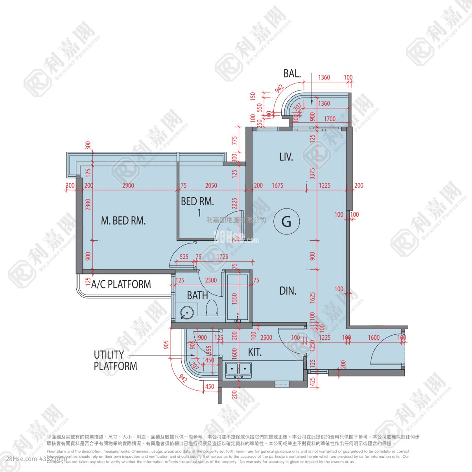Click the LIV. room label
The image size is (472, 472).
coord(286,157)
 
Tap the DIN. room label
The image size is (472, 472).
coord(288,291)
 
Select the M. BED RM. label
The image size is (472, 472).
coord(124,221)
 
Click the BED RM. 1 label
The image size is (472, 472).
coord(197,207)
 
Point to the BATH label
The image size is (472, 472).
coord(197,295)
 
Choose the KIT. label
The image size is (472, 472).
coord(255,352)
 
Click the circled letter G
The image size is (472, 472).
coord(287,222)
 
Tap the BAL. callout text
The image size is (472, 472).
coord(292,74)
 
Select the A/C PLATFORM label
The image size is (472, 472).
coord(121,284)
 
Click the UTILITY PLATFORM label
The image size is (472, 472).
coord(115,360)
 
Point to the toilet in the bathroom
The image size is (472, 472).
coord(212,307)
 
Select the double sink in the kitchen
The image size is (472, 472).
coord(239,369)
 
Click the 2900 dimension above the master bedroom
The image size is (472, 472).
coord(128,186)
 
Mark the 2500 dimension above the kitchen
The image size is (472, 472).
coord(266,337)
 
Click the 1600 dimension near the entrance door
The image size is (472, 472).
coord(374,337)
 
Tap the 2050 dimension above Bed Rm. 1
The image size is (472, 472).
coord(211,186)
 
